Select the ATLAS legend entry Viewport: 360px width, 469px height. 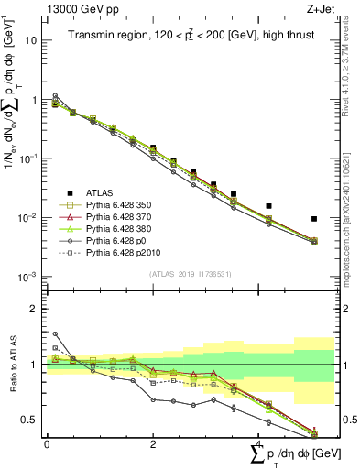pos(107,192)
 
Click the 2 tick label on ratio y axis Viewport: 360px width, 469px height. pos(37,310)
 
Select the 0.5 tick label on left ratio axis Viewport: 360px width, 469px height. pos(31,420)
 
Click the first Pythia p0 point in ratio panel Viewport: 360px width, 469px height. pos(55,334)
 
